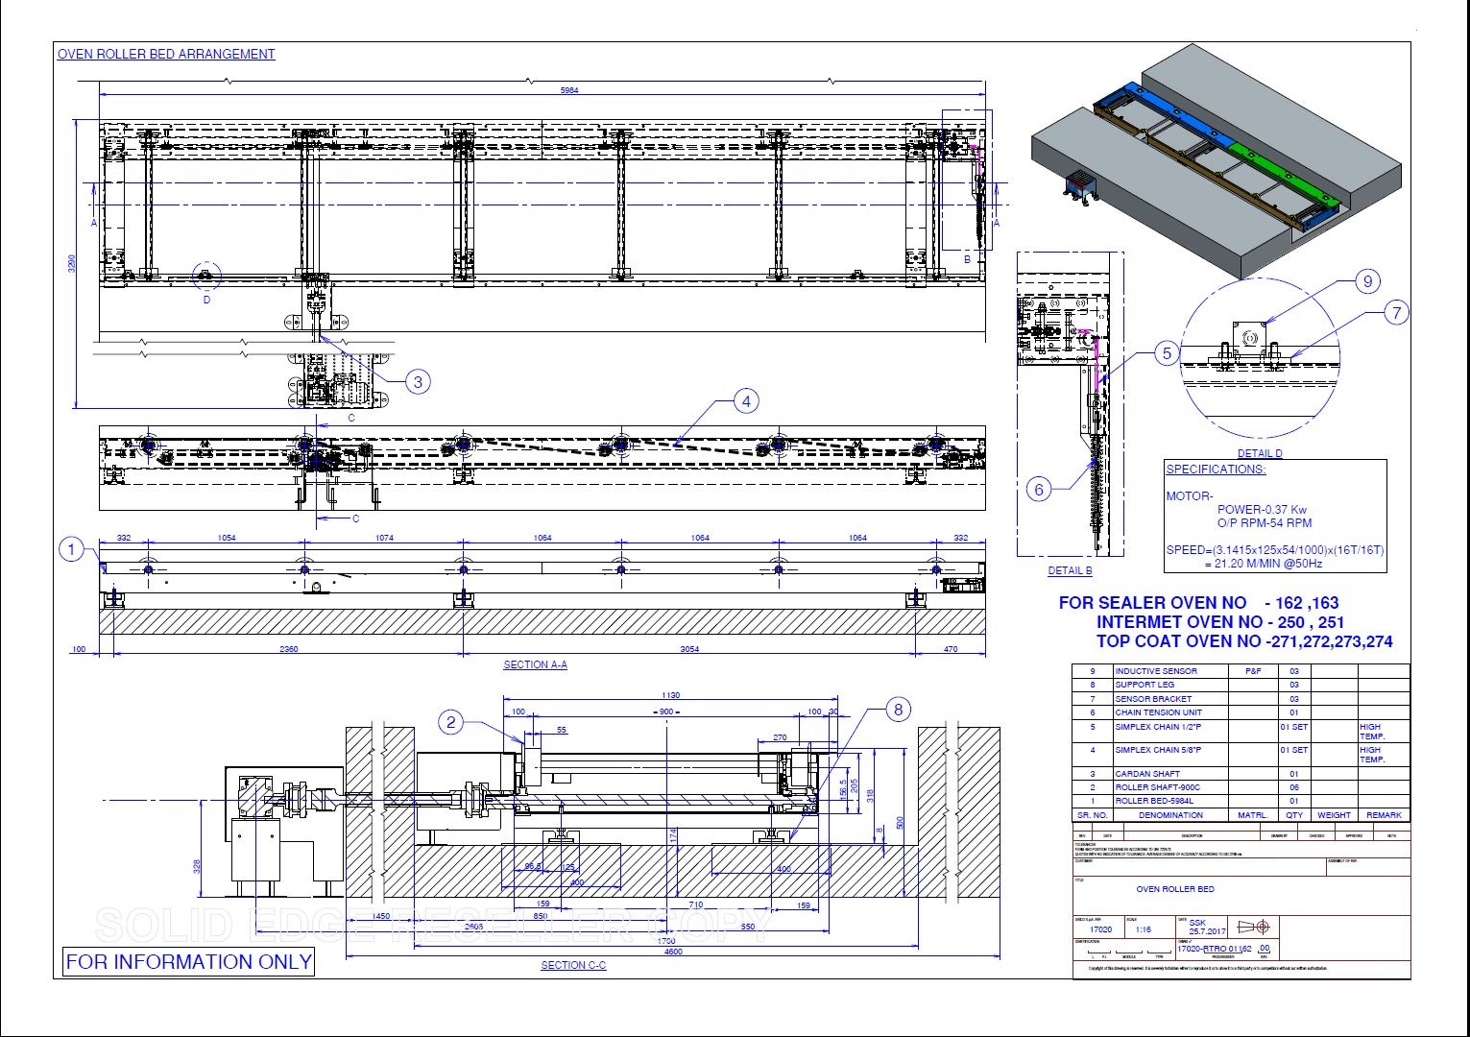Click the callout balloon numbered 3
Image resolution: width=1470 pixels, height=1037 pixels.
(x=417, y=381)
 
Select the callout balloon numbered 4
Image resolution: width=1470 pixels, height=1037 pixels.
(x=746, y=401)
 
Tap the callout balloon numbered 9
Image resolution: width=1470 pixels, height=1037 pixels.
(x=1367, y=281)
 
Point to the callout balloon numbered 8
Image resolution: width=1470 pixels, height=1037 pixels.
(x=899, y=710)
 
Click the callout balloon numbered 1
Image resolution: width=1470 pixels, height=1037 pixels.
(x=71, y=550)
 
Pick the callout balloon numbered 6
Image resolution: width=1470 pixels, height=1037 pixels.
(x=1039, y=490)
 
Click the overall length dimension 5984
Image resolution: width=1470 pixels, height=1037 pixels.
(x=569, y=90)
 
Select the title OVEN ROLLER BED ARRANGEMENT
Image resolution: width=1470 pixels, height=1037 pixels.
(x=166, y=55)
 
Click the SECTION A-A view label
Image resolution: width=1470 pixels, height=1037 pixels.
(x=535, y=664)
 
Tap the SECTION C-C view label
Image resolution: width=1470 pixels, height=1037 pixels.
(x=573, y=965)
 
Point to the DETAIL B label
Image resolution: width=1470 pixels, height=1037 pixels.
(x=1070, y=570)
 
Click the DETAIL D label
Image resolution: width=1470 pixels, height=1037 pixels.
(x=1259, y=453)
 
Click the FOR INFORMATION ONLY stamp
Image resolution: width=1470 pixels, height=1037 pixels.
(x=189, y=961)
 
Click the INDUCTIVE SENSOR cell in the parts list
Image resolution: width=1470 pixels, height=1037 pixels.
(x=1156, y=671)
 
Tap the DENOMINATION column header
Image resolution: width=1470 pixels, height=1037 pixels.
(x=1170, y=814)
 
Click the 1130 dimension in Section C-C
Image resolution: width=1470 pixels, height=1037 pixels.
(x=671, y=694)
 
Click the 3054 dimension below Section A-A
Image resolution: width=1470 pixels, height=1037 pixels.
(x=689, y=649)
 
